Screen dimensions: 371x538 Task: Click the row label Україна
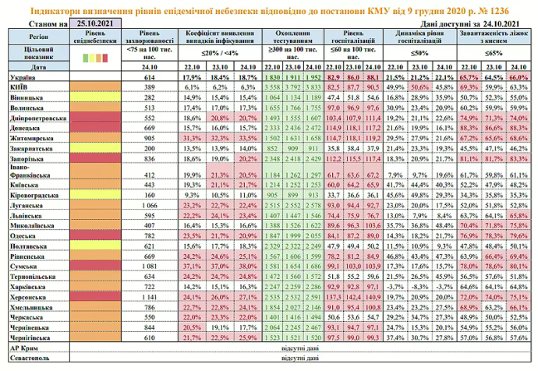tap(19, 79)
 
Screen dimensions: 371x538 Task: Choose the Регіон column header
tap(34, 35)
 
